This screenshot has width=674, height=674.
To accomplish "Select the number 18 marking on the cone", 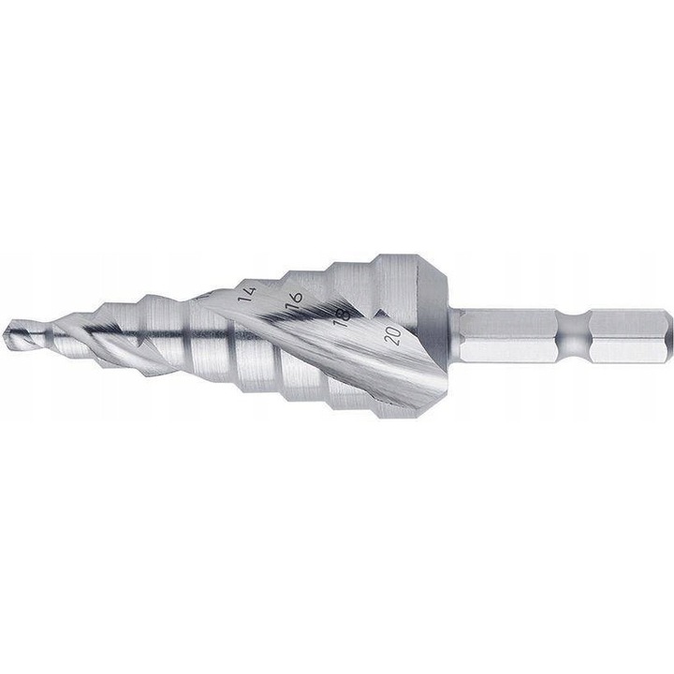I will click(x=342, y=315).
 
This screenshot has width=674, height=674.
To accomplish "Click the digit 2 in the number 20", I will click(x=390, y=340).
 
